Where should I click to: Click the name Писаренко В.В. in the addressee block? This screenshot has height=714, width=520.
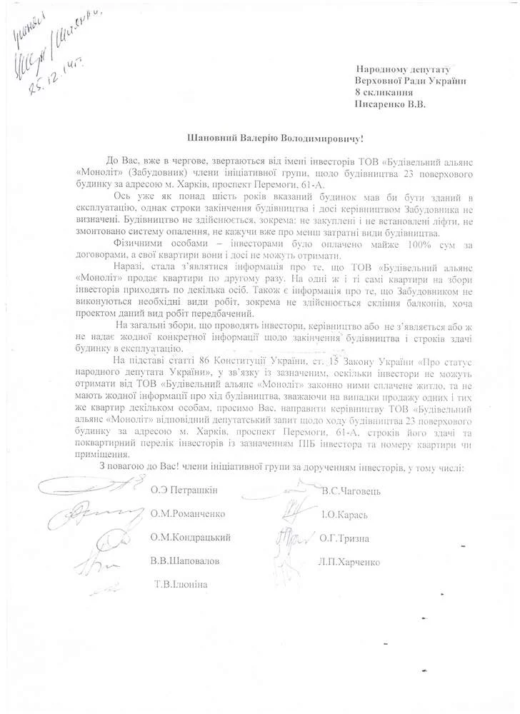394,104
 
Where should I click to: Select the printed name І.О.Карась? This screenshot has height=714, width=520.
345,514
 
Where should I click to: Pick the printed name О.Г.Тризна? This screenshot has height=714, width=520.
347,538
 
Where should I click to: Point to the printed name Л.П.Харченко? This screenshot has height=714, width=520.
351,561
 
